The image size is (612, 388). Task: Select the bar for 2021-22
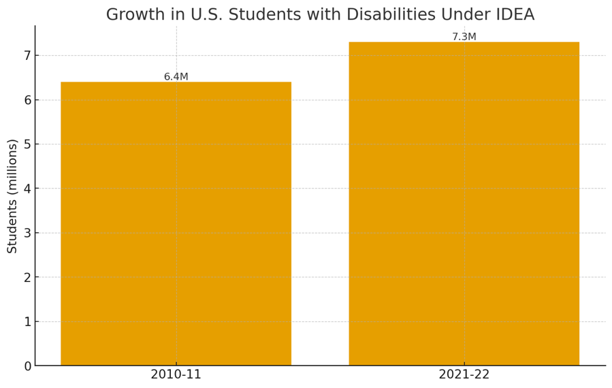pyautogui.click(x=464, y=204)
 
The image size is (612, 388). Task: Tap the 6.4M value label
pyautogui.click(x=176, y=77)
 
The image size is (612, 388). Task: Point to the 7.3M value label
pyautogui.click(x=464, y=37)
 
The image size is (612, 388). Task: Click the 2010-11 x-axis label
pyautogui.click(x=176, y=374)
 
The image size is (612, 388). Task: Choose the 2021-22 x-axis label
pyautogui.click(x=464, y=374)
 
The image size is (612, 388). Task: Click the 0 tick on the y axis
pyautogui.click(x=27, y=366)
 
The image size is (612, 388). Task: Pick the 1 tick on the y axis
pyautogui.click(x=27, y=322)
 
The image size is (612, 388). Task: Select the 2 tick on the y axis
pyautogui.click(x=27, y=278)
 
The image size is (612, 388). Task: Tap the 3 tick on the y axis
pyautogui.click(x=27, y=233)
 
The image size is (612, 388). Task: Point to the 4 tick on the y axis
pyautogui.click(x=27, y=189)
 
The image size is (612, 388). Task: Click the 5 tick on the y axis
pyautogui.click(x=27, y=144)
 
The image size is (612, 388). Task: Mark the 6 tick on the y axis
pyautogui.click(x=27, y=100)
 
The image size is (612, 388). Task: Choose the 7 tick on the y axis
pyautogui.click(x=27, y=56)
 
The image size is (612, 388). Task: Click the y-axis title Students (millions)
pyautogui.click(x=12, y=196)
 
